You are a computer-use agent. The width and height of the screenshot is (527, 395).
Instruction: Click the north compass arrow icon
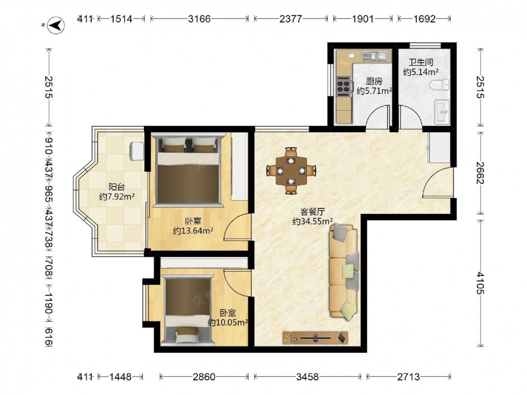(x=56, y=26)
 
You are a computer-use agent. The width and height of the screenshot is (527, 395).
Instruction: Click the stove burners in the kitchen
(x=343, y=85)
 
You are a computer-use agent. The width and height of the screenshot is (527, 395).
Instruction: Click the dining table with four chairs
(x=291, y=171)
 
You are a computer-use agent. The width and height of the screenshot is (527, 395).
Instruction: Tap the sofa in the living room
(x=344, y=271)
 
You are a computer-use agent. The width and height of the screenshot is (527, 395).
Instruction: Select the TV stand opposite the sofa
(x=315, y=338)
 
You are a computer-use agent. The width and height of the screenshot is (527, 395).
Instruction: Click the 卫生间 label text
(x=421, y=62)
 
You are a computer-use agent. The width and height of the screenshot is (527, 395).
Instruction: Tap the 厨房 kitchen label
(x=374, y=81)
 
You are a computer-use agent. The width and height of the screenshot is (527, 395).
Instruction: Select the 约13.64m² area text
(x=193, y=231)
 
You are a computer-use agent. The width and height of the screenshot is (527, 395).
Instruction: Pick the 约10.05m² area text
(x=228, y=322)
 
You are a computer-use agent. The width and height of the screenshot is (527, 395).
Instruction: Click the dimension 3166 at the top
(x=199, y=19)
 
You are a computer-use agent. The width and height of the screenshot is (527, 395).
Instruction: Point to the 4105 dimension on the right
(x=480, y=283)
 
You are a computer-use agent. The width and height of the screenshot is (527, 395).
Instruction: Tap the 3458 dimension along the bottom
(x=307, y=377)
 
